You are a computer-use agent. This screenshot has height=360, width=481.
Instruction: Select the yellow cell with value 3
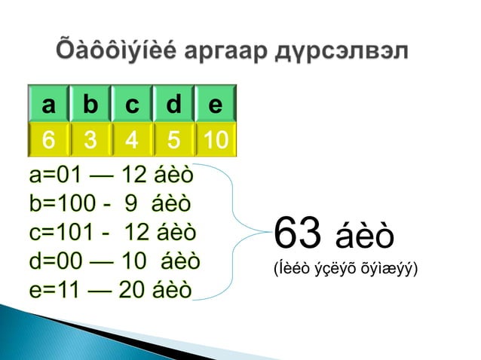pos(90,141)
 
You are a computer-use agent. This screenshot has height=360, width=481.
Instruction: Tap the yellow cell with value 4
pos(132,141)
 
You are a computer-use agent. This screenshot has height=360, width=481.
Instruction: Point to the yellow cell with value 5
pos(173,141)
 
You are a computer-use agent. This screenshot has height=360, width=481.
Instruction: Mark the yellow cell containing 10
pos(215,141)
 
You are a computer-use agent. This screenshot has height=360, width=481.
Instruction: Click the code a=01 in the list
pos(54,176)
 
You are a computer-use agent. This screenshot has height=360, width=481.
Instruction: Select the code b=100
pos(60,204)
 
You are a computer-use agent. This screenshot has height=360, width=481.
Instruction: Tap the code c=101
pos(60,232)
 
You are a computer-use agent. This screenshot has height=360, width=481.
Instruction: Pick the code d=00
pos(54,261)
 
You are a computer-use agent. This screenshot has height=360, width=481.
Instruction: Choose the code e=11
pos(54,290)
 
